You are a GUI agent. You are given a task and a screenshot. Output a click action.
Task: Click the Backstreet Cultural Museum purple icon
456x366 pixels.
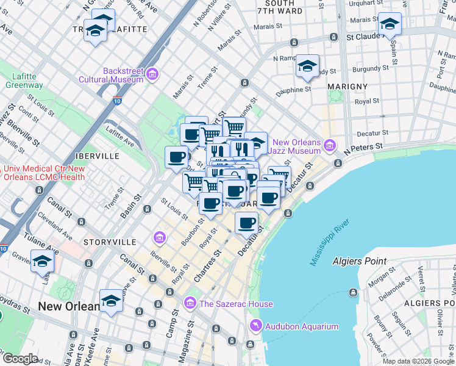(x=152, y=75)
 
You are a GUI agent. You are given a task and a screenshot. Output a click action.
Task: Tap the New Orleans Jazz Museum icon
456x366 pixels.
(x=330, y=145)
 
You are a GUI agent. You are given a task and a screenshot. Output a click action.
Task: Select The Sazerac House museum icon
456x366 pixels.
(x=190, y=303)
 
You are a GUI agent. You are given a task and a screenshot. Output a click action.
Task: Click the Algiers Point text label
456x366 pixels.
(x=359, y=261)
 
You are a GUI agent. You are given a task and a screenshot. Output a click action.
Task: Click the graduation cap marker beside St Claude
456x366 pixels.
(x=390, y=24)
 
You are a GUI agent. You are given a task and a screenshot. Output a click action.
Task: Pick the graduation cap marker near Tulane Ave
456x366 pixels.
(x=42, y=261)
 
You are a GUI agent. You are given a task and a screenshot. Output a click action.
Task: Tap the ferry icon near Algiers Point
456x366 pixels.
(x=353, y=293)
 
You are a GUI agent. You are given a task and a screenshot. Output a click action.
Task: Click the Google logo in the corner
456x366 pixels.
(x=20, y=359)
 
